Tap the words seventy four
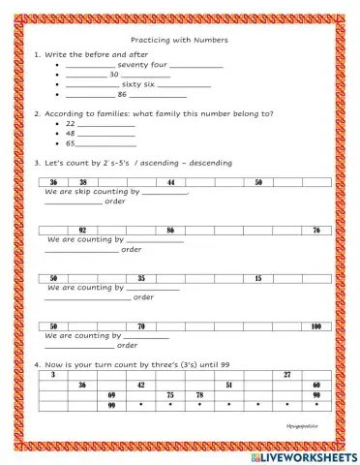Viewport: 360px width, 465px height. tap(141, 64)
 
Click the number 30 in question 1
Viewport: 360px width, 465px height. tap(114, 74)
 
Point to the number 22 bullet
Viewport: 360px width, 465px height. tap(71, 124)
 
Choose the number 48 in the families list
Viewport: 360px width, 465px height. tap(71, 134)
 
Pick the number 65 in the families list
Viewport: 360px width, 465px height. tap(71, 143)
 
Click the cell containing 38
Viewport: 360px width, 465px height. tap(83, 182)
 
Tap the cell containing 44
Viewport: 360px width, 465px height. tap(171, 182)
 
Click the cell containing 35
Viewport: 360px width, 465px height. tap(141, 278)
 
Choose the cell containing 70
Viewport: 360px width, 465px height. tap(141, 326)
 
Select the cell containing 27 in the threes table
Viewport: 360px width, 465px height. tap(287, 374)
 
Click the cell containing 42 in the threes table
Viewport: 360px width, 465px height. tap(141, 385)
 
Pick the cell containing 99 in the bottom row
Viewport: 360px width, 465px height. tap(112, 405)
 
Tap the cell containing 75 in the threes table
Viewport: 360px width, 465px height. tap(170, 395)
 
